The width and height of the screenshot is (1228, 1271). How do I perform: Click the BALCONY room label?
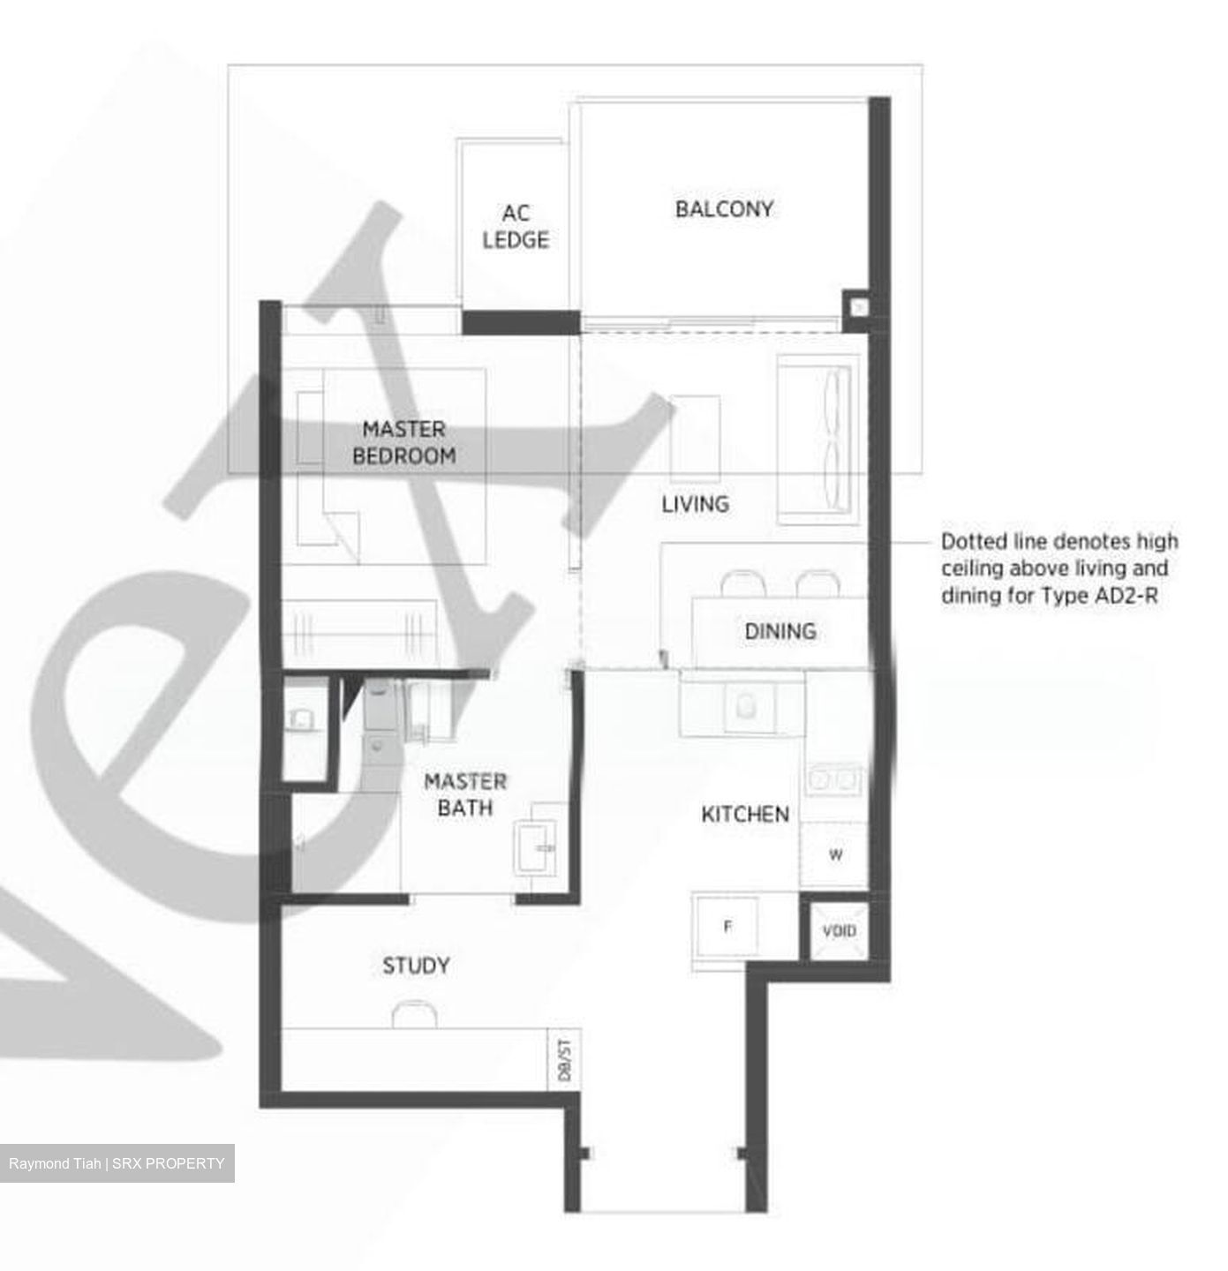[x=724, y=209]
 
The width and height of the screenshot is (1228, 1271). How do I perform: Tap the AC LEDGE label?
[x=516, y=227]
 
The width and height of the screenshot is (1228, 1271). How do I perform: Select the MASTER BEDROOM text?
[x=404, y=442]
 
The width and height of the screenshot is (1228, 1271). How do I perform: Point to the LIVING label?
[x=696, y=504]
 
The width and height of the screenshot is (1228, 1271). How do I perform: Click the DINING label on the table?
[x=780, y=631]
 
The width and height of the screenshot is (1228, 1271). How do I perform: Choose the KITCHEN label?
[x=745, y=814]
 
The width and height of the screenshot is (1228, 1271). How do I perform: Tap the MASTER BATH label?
[x=465, y=794]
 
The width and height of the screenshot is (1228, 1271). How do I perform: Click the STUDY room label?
[x=416, y=966]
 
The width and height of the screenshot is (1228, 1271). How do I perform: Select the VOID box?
[x=839, y=930]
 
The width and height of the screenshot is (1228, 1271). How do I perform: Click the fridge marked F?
[x=727, y=927]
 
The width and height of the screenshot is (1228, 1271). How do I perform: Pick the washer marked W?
[x=835, y=854]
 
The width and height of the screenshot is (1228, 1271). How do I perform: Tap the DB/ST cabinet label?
[x=564, y=1060]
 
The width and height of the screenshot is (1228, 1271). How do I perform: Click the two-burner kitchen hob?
[x=833, y=778]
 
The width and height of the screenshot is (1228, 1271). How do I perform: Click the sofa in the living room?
[x=817, y=439]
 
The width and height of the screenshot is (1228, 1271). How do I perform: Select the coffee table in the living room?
[x=695, y=439]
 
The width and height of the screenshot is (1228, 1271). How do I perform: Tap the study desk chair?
[x=414, y=1014]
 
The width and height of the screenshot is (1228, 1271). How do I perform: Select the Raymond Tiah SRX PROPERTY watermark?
[x=117, y=1163]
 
